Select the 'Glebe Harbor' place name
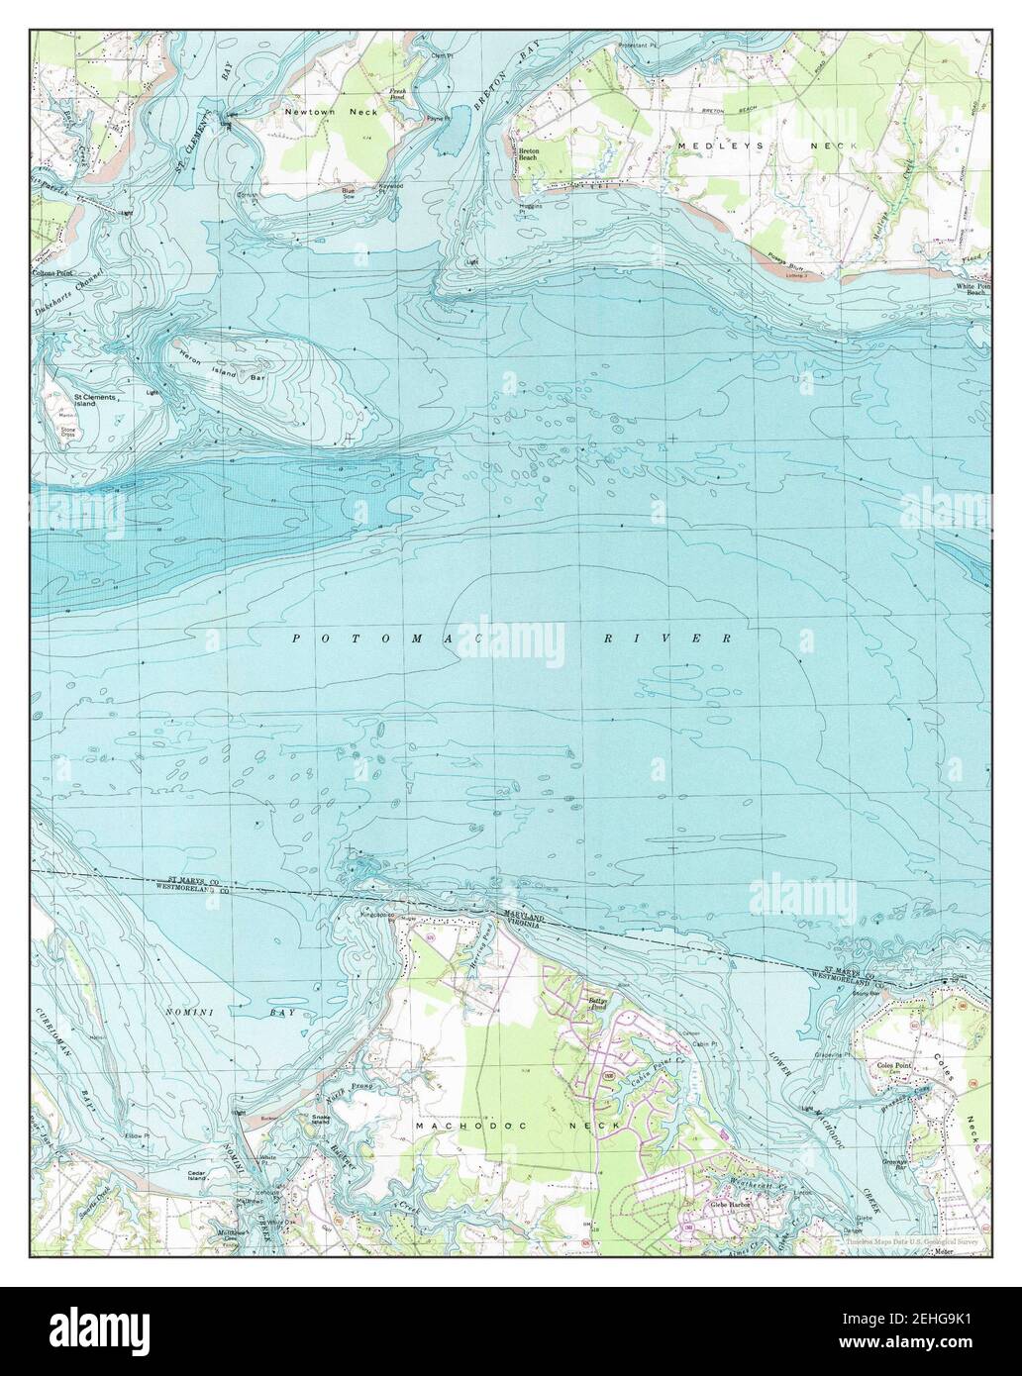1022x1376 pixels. tap(731, 1206)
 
